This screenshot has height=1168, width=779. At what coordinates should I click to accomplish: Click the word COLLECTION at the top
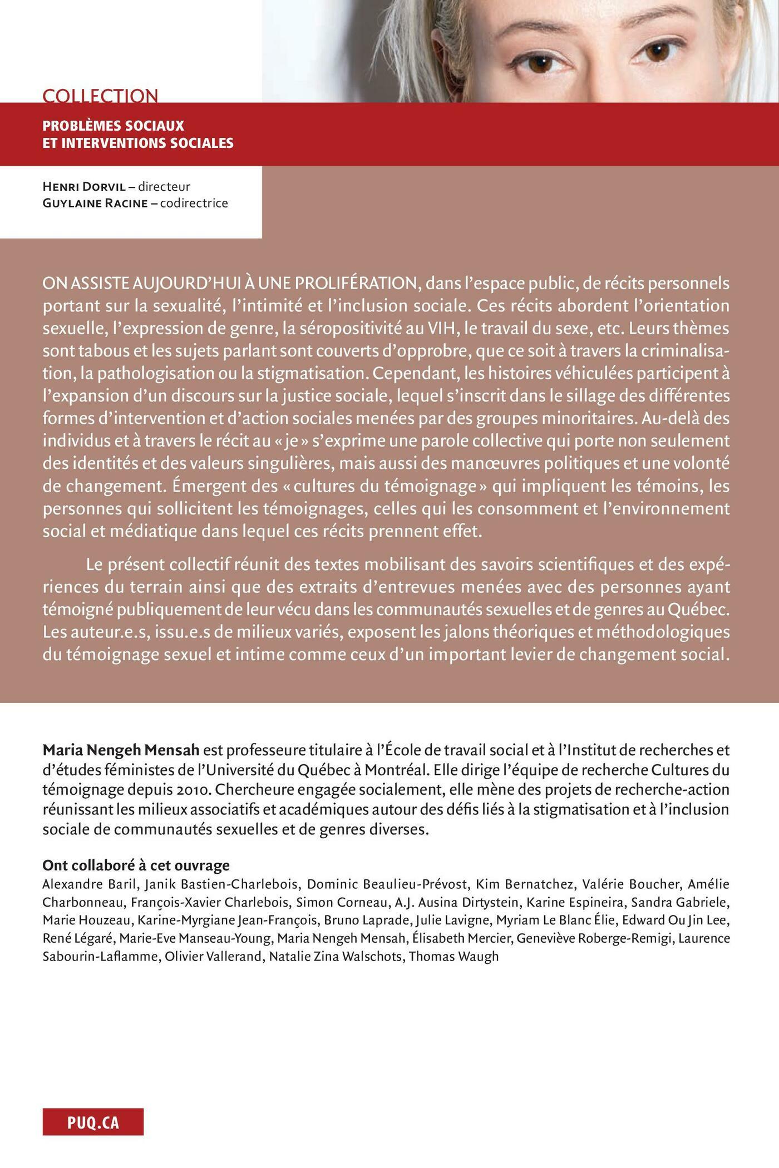pyautogui.click(x=100, y=96)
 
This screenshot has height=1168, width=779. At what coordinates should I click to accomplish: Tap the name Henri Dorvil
pyautogui.click(x=84, y=186)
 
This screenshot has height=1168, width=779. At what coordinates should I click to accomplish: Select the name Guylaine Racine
pyautogui.click(x=95, y=203)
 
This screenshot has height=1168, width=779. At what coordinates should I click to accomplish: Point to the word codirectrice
pyautogui.click(x=194, y=203)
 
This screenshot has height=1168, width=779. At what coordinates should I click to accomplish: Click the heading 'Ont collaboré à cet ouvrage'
pyautogui.click(x=136, y=865)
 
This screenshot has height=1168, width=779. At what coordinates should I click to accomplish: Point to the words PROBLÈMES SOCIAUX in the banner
pyautogui.click(x=113, y=126)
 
